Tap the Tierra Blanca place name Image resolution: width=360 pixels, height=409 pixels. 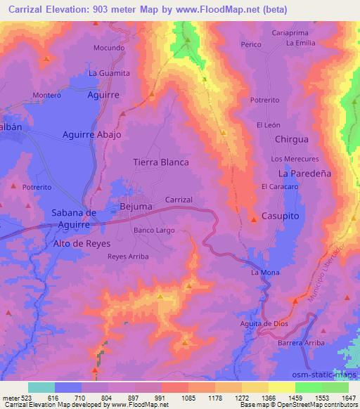click(161, 162)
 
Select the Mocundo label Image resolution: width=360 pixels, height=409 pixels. click(109, 48)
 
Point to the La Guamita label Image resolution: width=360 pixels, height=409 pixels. click(109, 73)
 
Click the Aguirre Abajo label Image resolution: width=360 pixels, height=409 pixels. click(92, 134)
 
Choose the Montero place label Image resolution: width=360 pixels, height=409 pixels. click(47, 95)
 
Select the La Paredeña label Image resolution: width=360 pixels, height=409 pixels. click(304, 173)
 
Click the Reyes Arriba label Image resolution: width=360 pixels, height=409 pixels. click(128, 257)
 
